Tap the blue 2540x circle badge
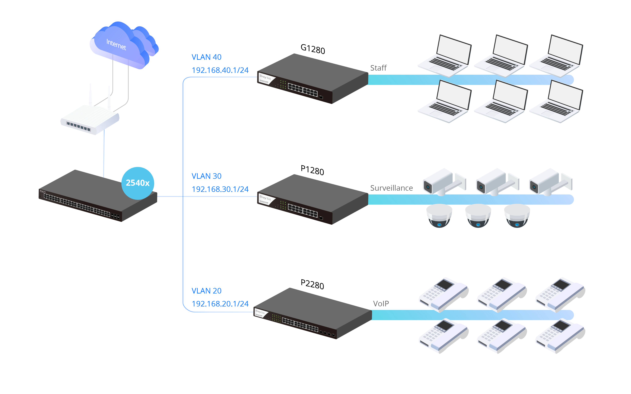coord(138,183)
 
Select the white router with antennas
coord(90,119)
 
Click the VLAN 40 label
coord(206,57)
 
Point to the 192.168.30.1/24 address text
coord(220,189)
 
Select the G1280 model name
coord(313,49)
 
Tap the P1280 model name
coord(312,170)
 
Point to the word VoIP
coord(381,304)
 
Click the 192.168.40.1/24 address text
coord(220,70)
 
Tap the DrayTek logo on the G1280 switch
coord(265,77)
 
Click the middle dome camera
coord(478,216)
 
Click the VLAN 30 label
coord(206,176)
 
